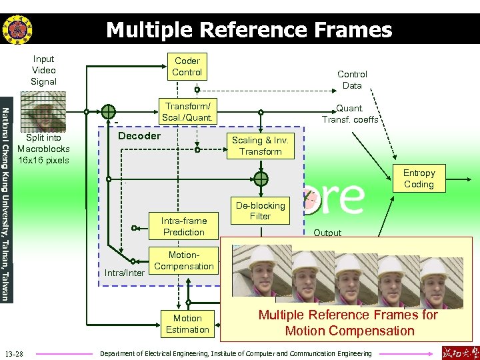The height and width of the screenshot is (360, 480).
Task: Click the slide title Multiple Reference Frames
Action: tap(249, 30)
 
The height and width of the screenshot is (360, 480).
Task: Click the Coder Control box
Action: tap(187, 66)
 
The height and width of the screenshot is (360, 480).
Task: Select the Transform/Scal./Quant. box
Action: tap(187, 112)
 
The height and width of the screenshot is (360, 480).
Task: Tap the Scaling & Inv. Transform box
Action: tap(260, 146)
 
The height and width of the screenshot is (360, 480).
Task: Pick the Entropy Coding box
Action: tap(419, 179)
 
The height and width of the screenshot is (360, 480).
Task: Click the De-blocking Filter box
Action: tap(260, 211)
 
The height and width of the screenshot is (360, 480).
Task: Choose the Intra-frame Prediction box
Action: tap(184, 227)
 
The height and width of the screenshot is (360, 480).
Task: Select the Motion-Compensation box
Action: tap(184, 261)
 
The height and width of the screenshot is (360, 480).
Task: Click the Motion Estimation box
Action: tap(187, 324)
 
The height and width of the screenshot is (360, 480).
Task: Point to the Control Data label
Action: tap(352, 80)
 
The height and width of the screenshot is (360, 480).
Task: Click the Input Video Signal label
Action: tap(43, 70)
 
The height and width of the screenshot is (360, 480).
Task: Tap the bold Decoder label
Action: tap(139, 136)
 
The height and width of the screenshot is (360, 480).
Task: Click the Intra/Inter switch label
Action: tap(124, 273)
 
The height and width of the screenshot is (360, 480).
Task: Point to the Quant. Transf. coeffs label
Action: tap(349, 114)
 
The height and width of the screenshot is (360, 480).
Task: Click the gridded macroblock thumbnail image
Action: tap(41, 112)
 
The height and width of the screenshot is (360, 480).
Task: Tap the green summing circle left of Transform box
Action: tap(108, 112)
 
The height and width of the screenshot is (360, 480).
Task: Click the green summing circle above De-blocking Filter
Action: tap(260, 179)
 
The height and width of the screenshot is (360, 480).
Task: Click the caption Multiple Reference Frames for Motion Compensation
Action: tap(348, 323)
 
